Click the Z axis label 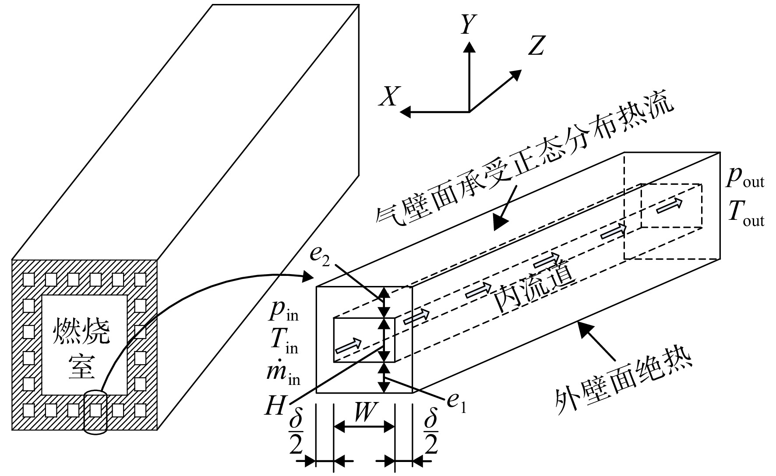[x=536, y=45]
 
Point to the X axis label [x=388, y=96]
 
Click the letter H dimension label [x=275, y=408]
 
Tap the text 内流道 [x=534, y=290]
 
